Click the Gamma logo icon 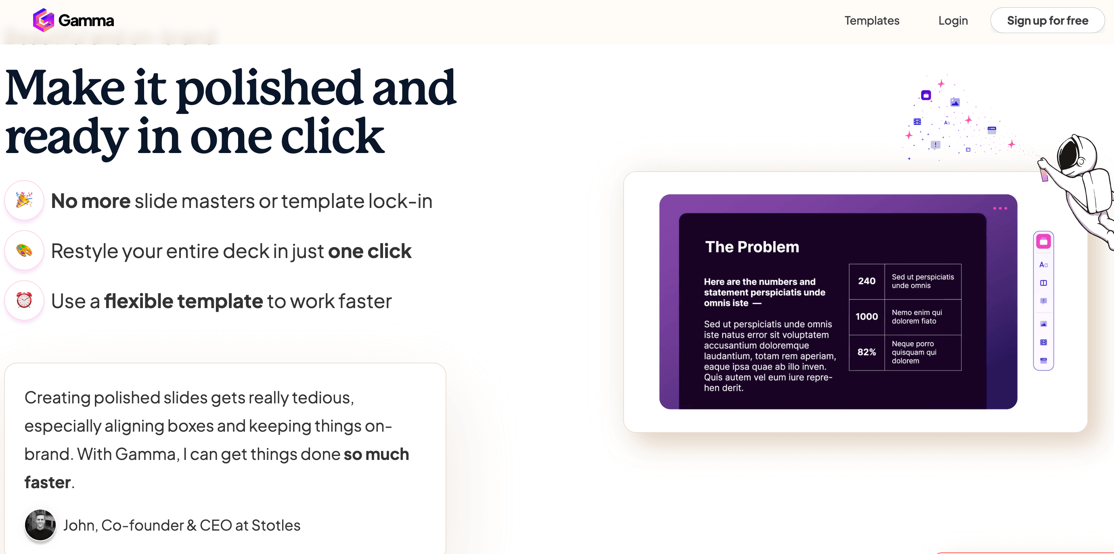click(43, 20)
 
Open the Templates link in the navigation click(872, 20)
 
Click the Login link click(953, 20)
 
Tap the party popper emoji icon click(24, 200)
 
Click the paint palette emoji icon click(24, 250)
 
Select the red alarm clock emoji click(24, 300)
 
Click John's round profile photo click(40, 525)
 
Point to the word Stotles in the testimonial click(276, 525)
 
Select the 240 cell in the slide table click(867, 281)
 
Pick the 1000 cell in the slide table click(867, 317)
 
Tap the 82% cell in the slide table click(867, 352)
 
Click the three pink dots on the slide click(1000, 208)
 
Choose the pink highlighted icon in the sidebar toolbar click(1043, 242)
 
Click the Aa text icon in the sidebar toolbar click(1043, 264)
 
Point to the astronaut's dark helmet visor click(1068, 156)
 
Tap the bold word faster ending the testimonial click(48, 482)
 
